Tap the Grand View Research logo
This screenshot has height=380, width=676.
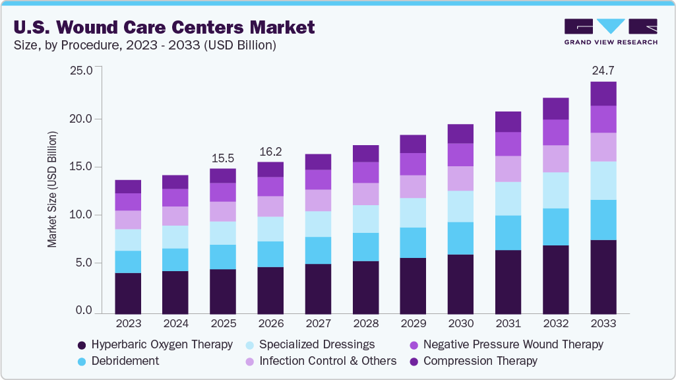(610, 32)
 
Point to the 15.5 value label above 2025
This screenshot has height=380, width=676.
(223, 159)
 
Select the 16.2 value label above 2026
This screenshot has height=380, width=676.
(270, 151)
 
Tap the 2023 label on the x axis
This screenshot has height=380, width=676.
(128, 324)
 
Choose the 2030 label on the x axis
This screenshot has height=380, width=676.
(460, 324)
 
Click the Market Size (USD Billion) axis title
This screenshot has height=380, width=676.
(52, 189)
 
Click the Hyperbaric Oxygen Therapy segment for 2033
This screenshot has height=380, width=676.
(603, 276)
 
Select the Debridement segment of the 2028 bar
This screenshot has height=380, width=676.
(365, 247)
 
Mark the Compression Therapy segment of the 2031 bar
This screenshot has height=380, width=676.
(508, 121)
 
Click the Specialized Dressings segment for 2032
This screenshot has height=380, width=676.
(555, 190)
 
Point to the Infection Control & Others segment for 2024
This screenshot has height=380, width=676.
(175, 216)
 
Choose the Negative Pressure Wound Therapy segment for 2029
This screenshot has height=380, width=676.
(413, 164)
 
